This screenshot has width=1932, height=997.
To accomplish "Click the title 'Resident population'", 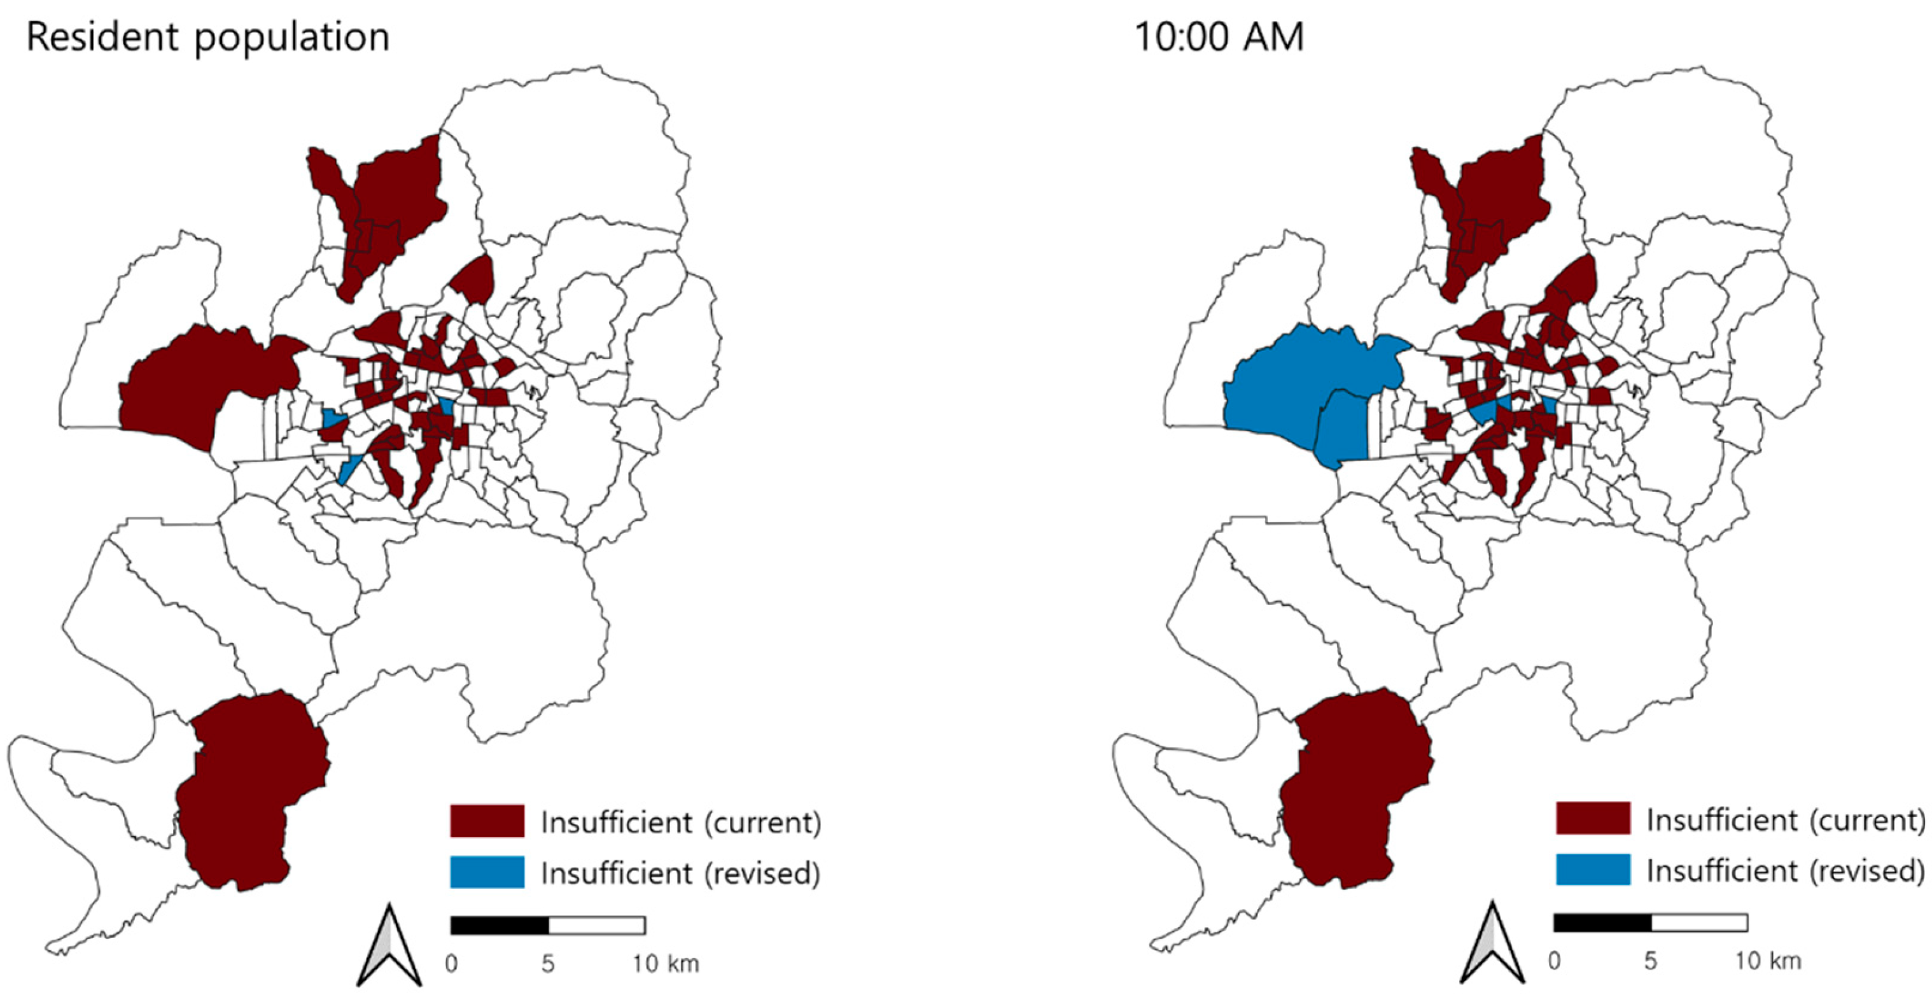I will click(207, 38).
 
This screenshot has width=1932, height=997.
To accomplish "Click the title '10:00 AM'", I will click(1219, 38).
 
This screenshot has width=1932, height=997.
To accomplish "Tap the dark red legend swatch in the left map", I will click(487, 821).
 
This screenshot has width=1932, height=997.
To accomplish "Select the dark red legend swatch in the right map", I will click(1593, 819).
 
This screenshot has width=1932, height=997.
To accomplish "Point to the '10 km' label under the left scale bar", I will click(665, 963).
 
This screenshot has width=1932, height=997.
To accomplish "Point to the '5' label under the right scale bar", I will click(1650, 961).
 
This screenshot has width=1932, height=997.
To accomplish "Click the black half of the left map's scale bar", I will click(500, 926).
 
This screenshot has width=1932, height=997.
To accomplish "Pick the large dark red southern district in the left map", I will click(248, 795).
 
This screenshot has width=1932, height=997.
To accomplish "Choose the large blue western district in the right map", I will click(1290, 390).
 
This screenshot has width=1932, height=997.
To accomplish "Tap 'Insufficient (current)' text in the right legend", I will click(1785, 820).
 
